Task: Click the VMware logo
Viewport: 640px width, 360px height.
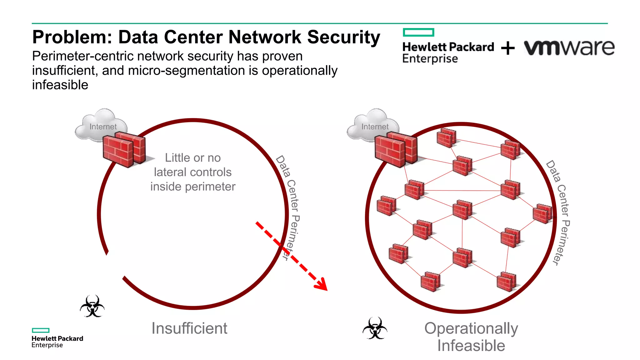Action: click(x=569, y=48)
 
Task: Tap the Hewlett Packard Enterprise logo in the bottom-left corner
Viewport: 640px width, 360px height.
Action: click(x=57, y=338)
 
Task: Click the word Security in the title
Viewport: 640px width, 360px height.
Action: click(x=343, y=37)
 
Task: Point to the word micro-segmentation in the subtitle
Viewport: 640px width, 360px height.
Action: click(x=187, y=71)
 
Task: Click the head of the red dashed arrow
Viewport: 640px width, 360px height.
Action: click(x=322, y=284)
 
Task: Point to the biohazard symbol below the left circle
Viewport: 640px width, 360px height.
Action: click(x=92, y=306)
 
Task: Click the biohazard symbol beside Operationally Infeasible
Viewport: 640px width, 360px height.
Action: click(x=375, y=328)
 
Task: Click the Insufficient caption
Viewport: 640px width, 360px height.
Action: click(x=189, y=328)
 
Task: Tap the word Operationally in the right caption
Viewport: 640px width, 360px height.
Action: click(x=471, y=328)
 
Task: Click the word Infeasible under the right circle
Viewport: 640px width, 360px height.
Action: click(x=471, y=346)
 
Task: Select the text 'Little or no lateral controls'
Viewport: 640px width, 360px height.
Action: click(x=193, y=165)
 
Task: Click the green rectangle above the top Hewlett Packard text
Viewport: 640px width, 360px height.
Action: click(x=418, y=32)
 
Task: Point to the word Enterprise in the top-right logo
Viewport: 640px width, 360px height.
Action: click(x=430, y=59)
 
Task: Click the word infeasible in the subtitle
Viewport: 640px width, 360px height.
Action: click(x=60, y=85)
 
